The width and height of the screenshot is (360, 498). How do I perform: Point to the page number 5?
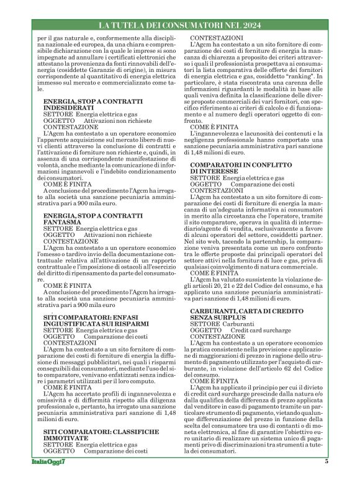coord(326,479)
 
